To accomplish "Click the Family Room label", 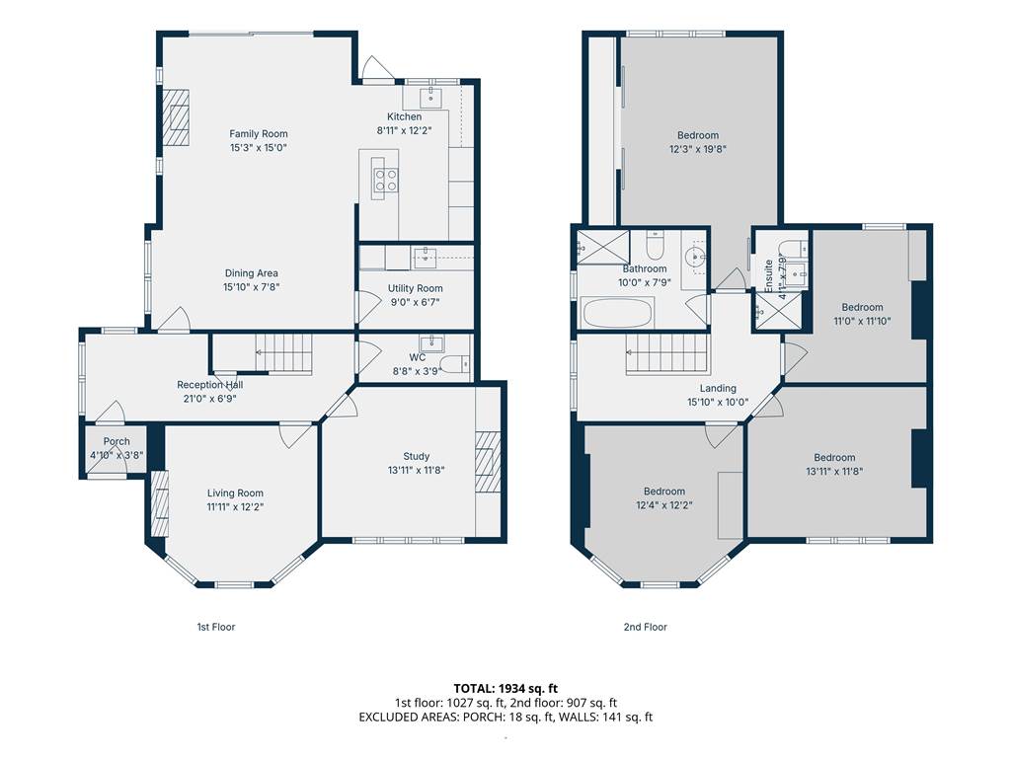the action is (x=259, y=134).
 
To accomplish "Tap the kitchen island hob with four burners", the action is (x=386, y=180).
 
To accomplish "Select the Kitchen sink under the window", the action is (x=430, y=99).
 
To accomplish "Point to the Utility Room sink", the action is (x=425, y=258).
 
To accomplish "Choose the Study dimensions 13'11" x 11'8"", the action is (x=416, y=471).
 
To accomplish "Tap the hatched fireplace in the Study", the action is (x=488, y=462).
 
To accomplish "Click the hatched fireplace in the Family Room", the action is (x=176, y=117).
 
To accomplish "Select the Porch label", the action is (x=117, y=441).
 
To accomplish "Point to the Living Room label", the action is (x=235, y=493).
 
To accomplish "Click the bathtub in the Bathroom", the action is (x=618, y=313).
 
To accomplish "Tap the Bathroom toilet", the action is (x=656, y=245).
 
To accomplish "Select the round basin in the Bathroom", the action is (x=696, y=257).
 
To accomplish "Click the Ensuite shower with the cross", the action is (x=779, y=313).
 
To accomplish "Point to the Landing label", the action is (x=718, y=388).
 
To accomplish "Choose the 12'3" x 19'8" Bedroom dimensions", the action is (x=698, y=149).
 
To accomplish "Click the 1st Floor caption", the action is (x=216, y=627).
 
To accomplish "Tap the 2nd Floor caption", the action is (x=646, y=627).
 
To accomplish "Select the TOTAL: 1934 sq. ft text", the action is (x=505, y=688).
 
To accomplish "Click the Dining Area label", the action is (x=252, y=273).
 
